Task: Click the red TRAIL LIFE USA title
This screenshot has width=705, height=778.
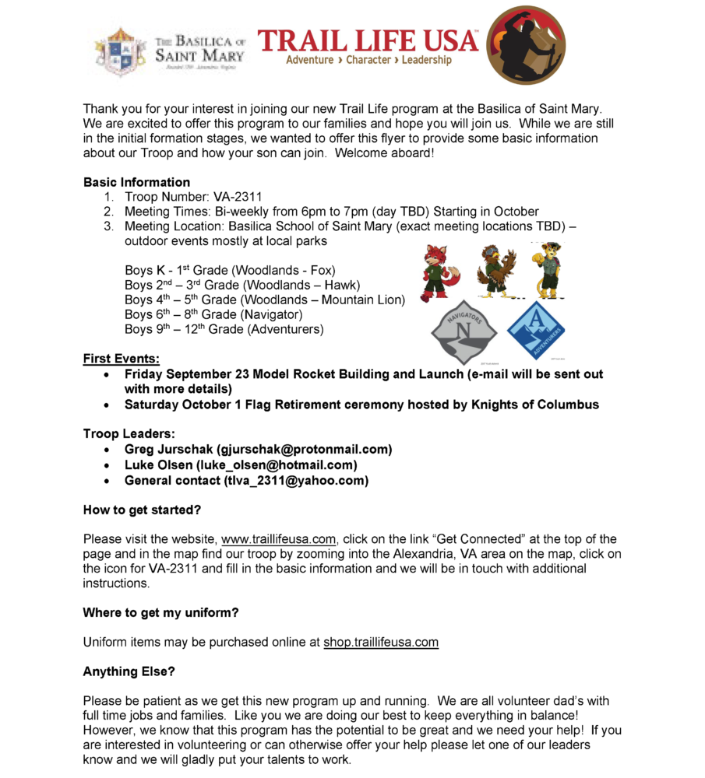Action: (x=367, y=40)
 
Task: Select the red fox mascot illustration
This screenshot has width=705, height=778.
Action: (x=439, y=272)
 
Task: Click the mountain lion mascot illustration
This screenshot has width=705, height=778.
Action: (x=546, y=269)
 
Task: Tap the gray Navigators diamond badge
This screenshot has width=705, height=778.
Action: (x=464, y=331)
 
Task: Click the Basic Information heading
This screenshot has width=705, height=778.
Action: (x=136, y=182)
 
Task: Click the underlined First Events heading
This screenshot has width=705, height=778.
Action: (x=121, y=359)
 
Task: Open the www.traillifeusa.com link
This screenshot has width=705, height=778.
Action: (x=279, y=539)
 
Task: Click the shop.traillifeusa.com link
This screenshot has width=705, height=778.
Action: (x=381, y=643)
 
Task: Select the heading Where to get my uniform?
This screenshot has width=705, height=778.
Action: (x=160, y=613)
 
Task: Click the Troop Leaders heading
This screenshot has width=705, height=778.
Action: (x=129, y=433)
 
